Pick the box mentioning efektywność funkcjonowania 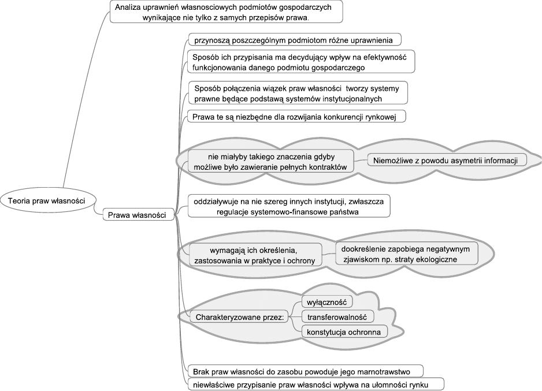(x=301, y=62)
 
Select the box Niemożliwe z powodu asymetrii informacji (x=448, y=160)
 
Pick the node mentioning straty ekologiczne (x=408, y=254)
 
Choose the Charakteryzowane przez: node (x=235, y=317)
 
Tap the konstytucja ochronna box (x=344, y=333)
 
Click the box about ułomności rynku (x=317, y=383)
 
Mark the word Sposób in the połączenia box (x=207, y=88)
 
